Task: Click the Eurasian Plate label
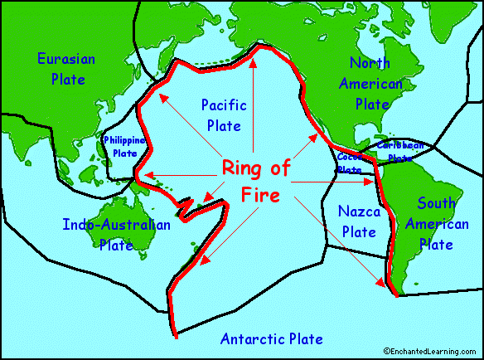(x=66, y=68)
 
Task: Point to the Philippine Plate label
(x=125, y=147)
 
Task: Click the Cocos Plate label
(x=350, y=163)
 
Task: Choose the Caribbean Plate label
(x=400, y=151)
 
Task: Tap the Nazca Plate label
(x=359, y=221)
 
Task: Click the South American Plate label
(x=437, y=223)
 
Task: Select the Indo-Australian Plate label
(x=116, y=235)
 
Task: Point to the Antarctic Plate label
(x=271, y=338)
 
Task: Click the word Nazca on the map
(x=359, y=212)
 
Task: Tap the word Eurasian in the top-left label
(x=66, y=59)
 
